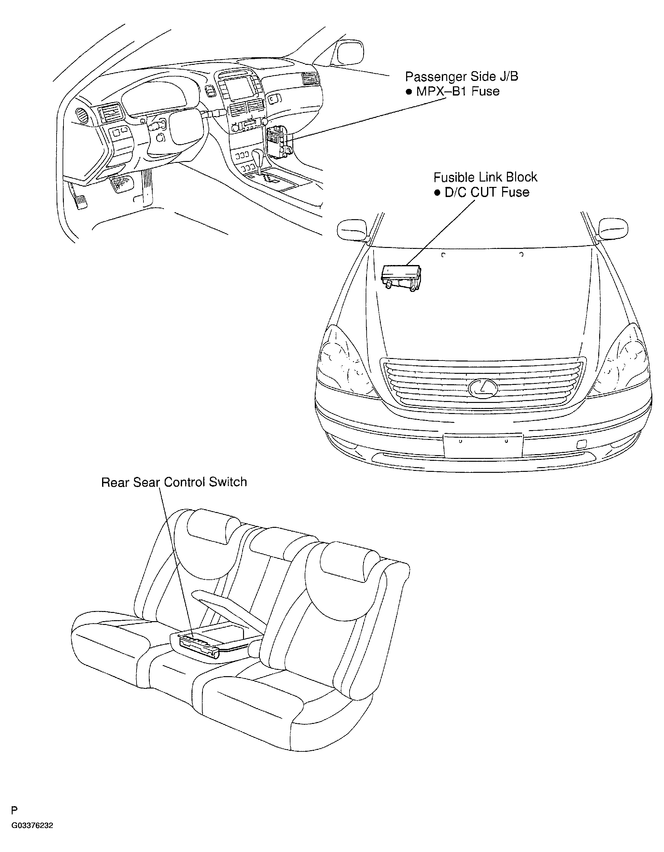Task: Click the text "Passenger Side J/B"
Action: click(462, 77)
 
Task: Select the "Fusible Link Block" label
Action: click(485, 177)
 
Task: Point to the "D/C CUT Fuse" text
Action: click(487, 192)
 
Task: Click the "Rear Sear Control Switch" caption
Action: click(174, 482)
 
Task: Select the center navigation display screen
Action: click(238, 88)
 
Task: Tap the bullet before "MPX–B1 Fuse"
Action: click(409, 92)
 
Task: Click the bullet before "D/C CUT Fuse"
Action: click(437, 193)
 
